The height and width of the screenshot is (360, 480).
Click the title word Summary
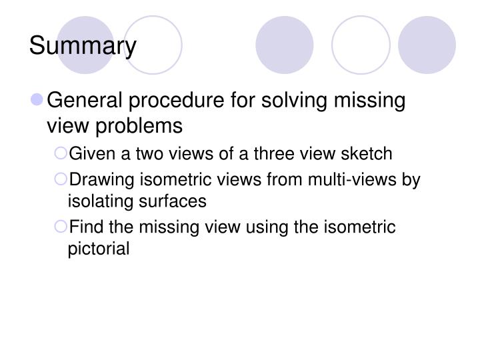pos(83,46)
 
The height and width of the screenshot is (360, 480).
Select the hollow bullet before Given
pos(61,154)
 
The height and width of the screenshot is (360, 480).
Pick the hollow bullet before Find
pos(61,227)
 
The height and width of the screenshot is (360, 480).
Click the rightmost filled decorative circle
pos(426,45)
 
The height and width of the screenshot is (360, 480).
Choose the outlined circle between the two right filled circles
pos(360,45)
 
